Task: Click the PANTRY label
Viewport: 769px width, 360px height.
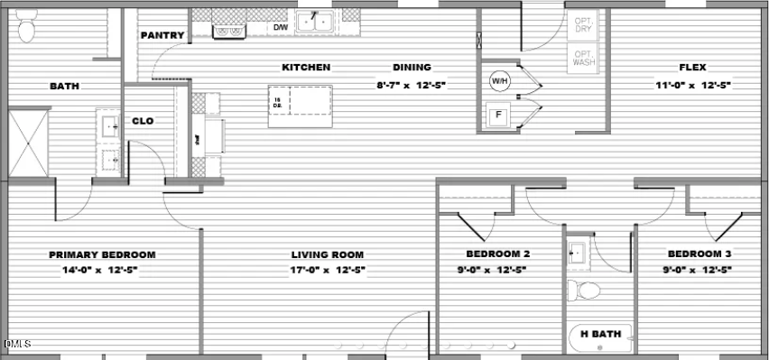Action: pyautogui.click(x=162, y=36)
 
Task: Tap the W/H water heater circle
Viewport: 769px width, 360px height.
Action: pyautogui.click(x=499, y=82)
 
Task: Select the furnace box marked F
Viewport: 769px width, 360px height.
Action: pyautogui.click(x=497, y=115)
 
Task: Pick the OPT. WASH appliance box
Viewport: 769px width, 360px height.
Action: pyautogui.click(x=585, y=59)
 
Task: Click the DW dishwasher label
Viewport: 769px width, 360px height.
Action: pyautogui.click(x=281, y=27)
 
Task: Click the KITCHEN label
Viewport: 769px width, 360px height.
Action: pyautogui.click(x=306, y=68)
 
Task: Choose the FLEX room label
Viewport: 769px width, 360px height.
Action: pyautogui.click(x=692, y=68)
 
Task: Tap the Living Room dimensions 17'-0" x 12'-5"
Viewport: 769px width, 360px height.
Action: pyautogui.click(x=327, y=269)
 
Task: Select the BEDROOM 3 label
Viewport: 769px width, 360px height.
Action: pyautogui.click(x=700, y=254)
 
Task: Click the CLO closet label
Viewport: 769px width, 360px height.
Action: pyautogui.click(x=143, y=121)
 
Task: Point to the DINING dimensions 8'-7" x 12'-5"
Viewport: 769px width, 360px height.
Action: pyautogui.click(x=412, y=85)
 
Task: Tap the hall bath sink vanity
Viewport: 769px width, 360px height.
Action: pyautogui.click(x=578, y=254)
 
